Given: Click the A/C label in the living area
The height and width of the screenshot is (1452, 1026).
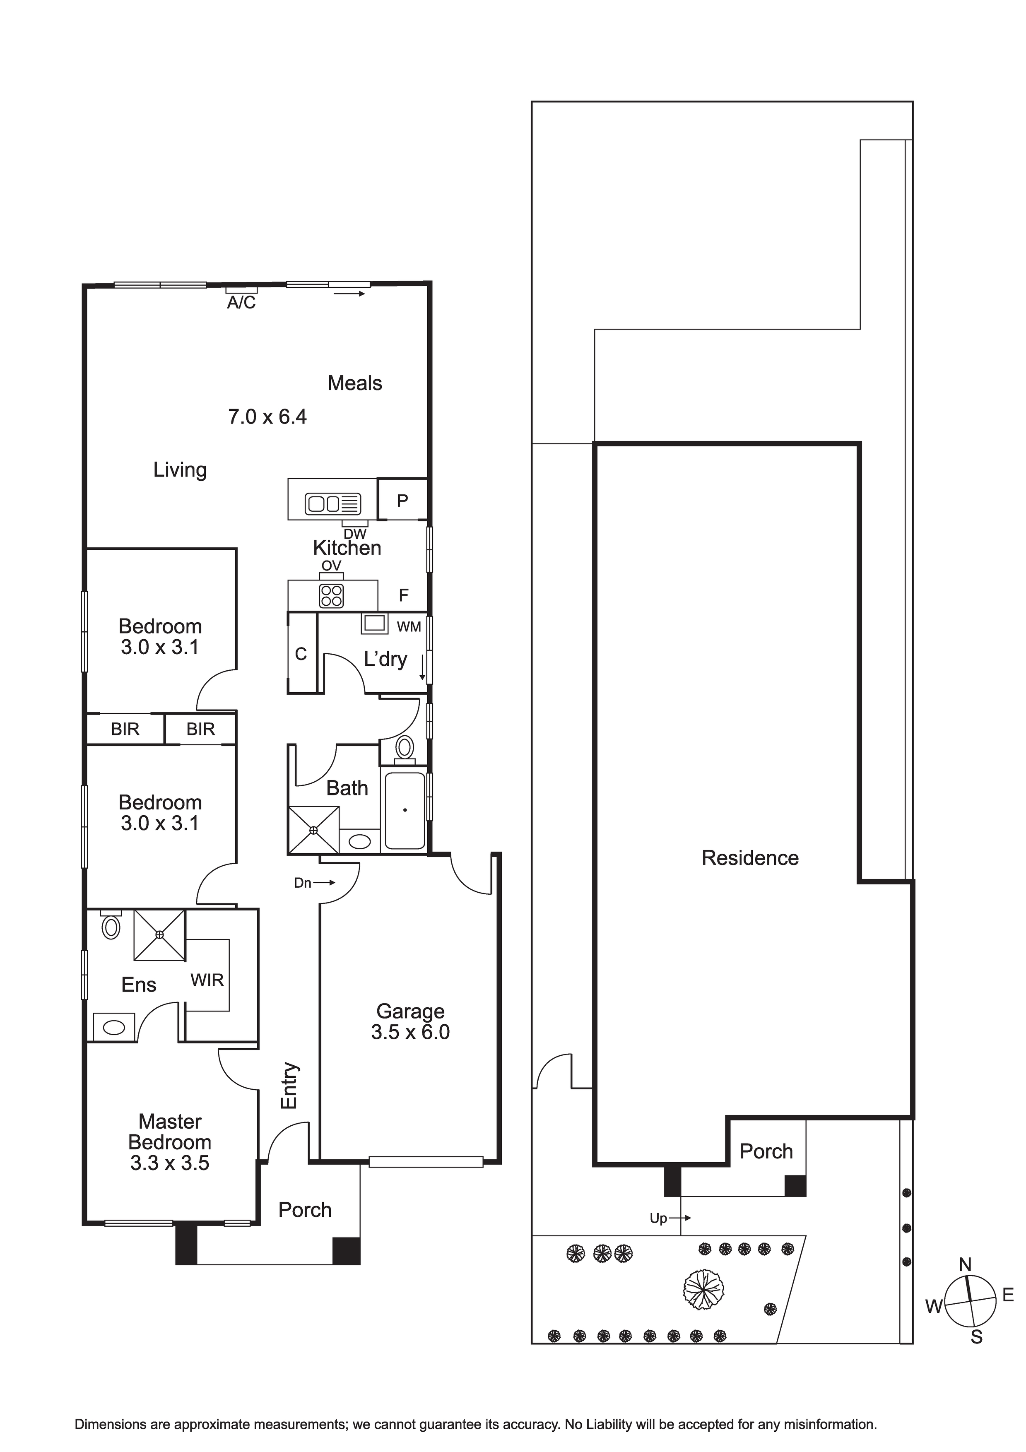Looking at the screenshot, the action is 241,303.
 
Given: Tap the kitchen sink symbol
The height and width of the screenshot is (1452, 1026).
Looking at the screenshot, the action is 333,503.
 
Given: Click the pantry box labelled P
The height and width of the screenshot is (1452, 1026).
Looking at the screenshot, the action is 402,500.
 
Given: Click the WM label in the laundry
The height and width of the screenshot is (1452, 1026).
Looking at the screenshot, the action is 409,627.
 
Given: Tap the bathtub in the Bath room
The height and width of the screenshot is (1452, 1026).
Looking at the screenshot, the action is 405,811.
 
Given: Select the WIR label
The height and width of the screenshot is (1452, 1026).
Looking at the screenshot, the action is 207,980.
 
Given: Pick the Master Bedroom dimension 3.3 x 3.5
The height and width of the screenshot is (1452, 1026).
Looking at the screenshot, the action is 169,1163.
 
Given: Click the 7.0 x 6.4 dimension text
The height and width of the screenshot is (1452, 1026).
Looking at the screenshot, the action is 267,417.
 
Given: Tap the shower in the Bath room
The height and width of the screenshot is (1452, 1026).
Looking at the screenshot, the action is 314,830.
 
